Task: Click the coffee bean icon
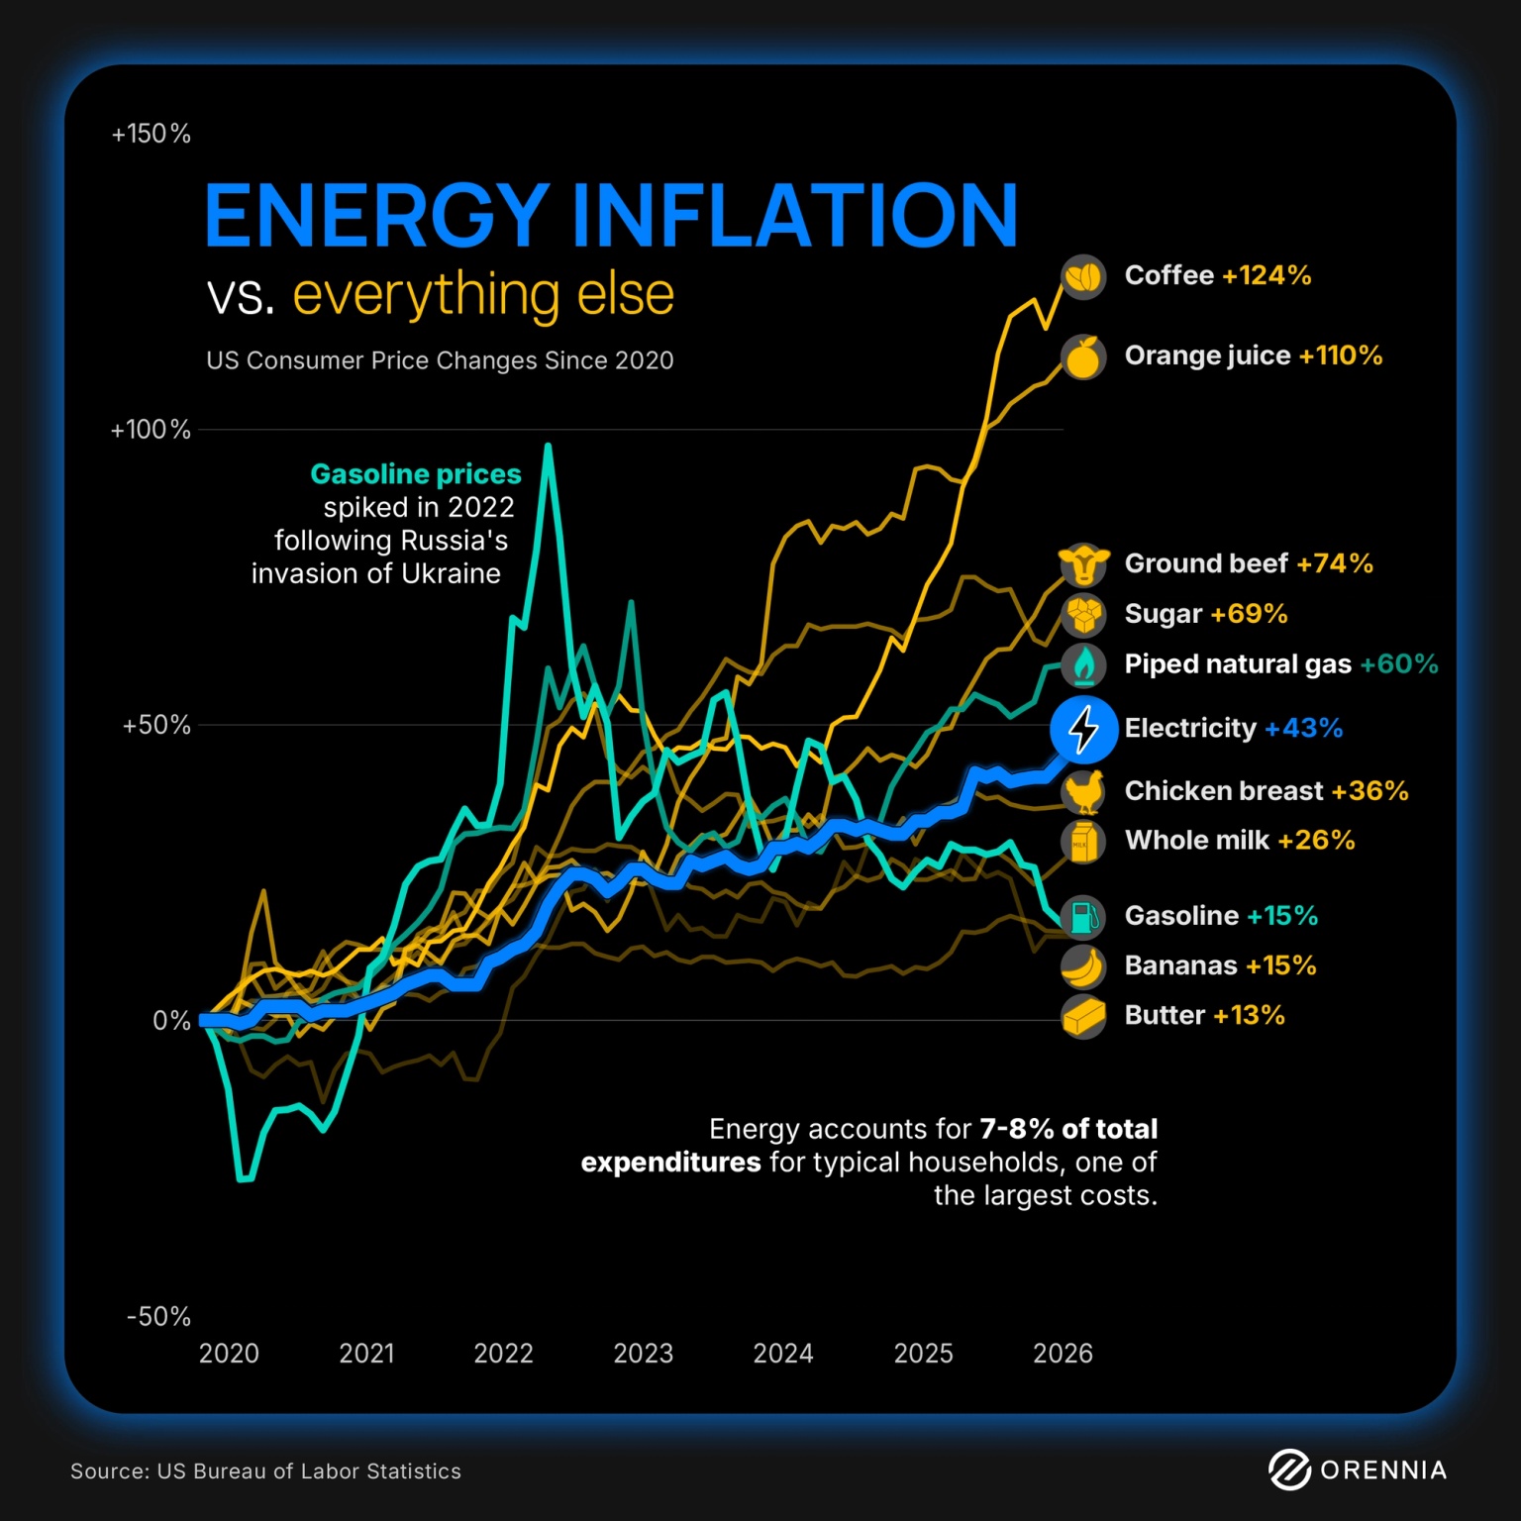tap(1083, 276)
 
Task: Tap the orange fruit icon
tap(1083, 357)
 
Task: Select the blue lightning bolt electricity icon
tap(1083, 729)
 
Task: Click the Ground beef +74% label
tap(1248, 563)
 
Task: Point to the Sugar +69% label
tap(1205, 614)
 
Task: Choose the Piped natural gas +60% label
tap(1280, 664)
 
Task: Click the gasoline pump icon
tap(1083, 916)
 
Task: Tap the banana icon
tap(1083, 966)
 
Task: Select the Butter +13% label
tap(1204, 1016)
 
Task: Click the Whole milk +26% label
tap(1239, 841)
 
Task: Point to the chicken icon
tap(1083, 791)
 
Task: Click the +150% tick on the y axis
tap(151, 135)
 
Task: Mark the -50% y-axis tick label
tap(158, 1317)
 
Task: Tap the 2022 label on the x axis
tap(503, 1354)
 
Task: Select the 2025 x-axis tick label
tap(923, 1354)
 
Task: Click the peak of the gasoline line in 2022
tap(548, 447)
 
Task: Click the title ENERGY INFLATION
tap(610, 215)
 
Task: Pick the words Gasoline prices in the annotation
tap(416, 474)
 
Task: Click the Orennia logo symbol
tap(1289, 1470)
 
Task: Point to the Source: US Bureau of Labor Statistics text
tap(265, 1471)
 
